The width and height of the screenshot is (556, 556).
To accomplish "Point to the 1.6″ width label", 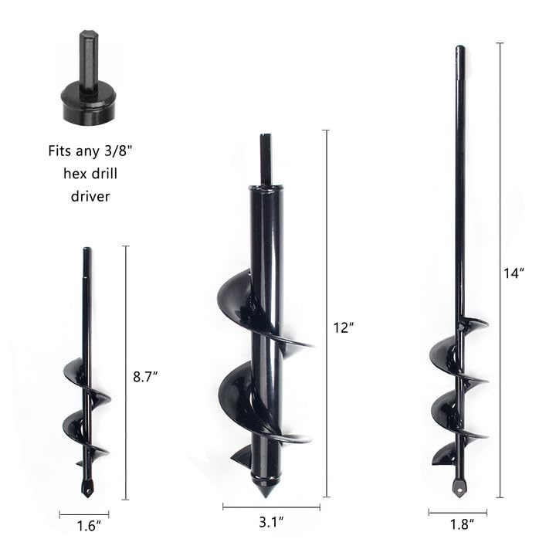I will (x=86, y=528).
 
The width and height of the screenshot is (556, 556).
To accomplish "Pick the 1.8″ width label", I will (x=460, y=525).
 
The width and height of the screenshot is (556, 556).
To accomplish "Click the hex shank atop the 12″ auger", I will (x=265, y=158).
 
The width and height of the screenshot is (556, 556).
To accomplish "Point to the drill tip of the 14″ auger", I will (x=459, y=486).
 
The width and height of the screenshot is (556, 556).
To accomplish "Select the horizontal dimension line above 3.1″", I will (x=271, y=507).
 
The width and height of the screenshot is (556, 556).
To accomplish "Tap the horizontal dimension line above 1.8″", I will (x=458, y=512).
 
